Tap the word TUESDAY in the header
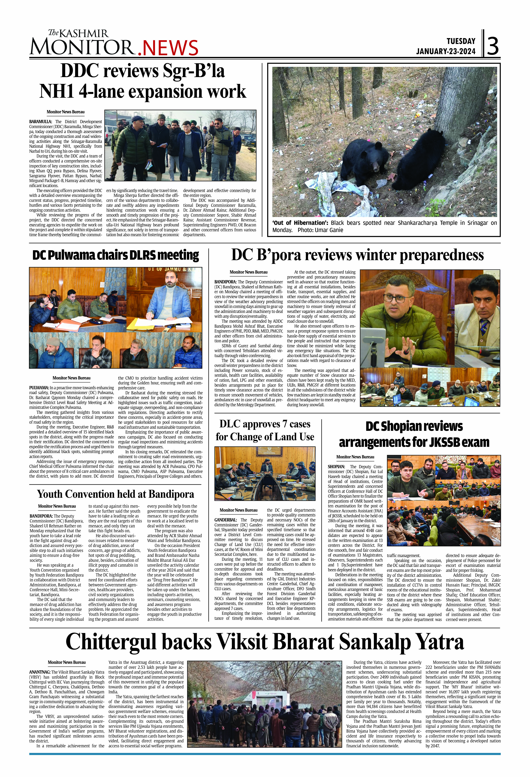[461, 41]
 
